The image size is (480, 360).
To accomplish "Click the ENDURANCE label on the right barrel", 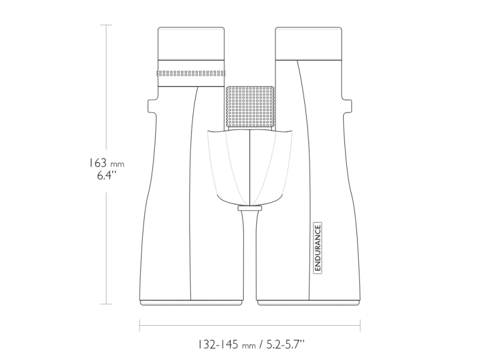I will coord(318,248).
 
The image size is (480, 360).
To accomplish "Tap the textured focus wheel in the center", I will coord(250,107).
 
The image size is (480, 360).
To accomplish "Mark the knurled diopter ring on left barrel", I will coord(191,73).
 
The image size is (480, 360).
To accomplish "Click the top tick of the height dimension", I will coord(107,25).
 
